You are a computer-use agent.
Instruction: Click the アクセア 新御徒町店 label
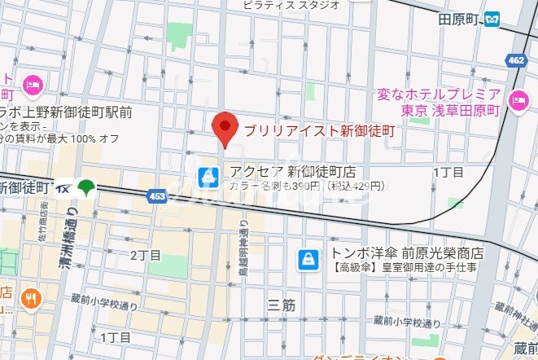click(x=292, y=171)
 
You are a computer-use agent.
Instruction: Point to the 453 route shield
click(x=160, y=195)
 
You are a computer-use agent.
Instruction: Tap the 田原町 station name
click(x=457, y=19)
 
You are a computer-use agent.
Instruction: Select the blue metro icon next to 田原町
click(x=492, y=19)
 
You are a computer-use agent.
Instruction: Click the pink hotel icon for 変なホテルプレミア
click(x=518, y=101)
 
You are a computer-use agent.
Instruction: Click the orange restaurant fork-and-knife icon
click(x=31, y=300)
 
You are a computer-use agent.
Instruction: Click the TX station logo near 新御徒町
click(x=64, y=188)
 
